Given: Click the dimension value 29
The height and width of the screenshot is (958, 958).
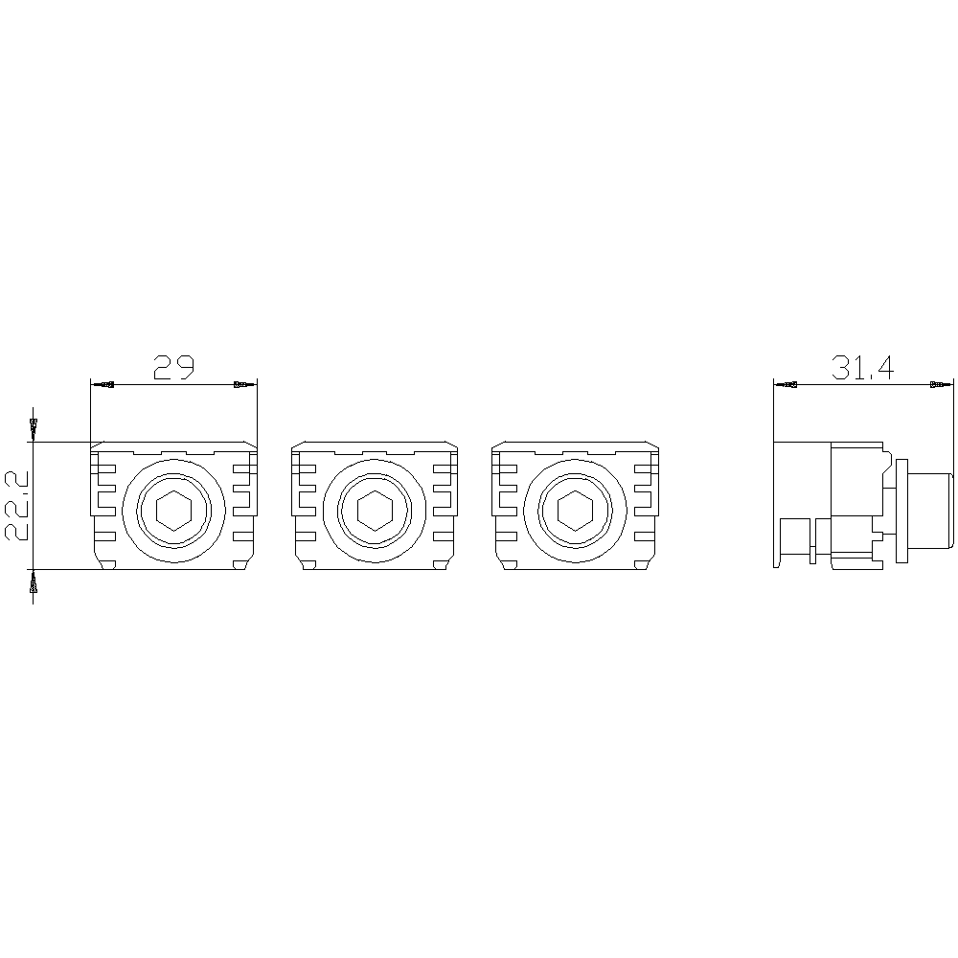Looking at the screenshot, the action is (x=173, y=367).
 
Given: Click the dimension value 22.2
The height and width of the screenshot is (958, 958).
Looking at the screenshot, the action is (x=16, y=505).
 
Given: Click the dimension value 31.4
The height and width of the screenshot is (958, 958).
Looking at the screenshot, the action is (x=862, y=367).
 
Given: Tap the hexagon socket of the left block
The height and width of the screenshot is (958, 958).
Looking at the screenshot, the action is (x=174, y=510).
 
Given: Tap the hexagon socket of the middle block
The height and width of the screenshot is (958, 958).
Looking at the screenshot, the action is (x=375, y=510).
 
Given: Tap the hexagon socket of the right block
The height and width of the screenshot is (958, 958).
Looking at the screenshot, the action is (x=575, y=510).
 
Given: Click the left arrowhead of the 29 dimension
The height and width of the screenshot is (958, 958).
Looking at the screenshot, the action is (x=103, y=385).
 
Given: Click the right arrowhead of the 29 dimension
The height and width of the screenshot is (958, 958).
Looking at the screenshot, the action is (x=245, y=385).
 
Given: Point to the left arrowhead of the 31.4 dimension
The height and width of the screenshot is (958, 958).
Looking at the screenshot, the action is (x=786, y=385).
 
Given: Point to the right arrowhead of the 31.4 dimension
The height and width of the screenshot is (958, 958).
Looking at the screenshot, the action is (x=941, y=385).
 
